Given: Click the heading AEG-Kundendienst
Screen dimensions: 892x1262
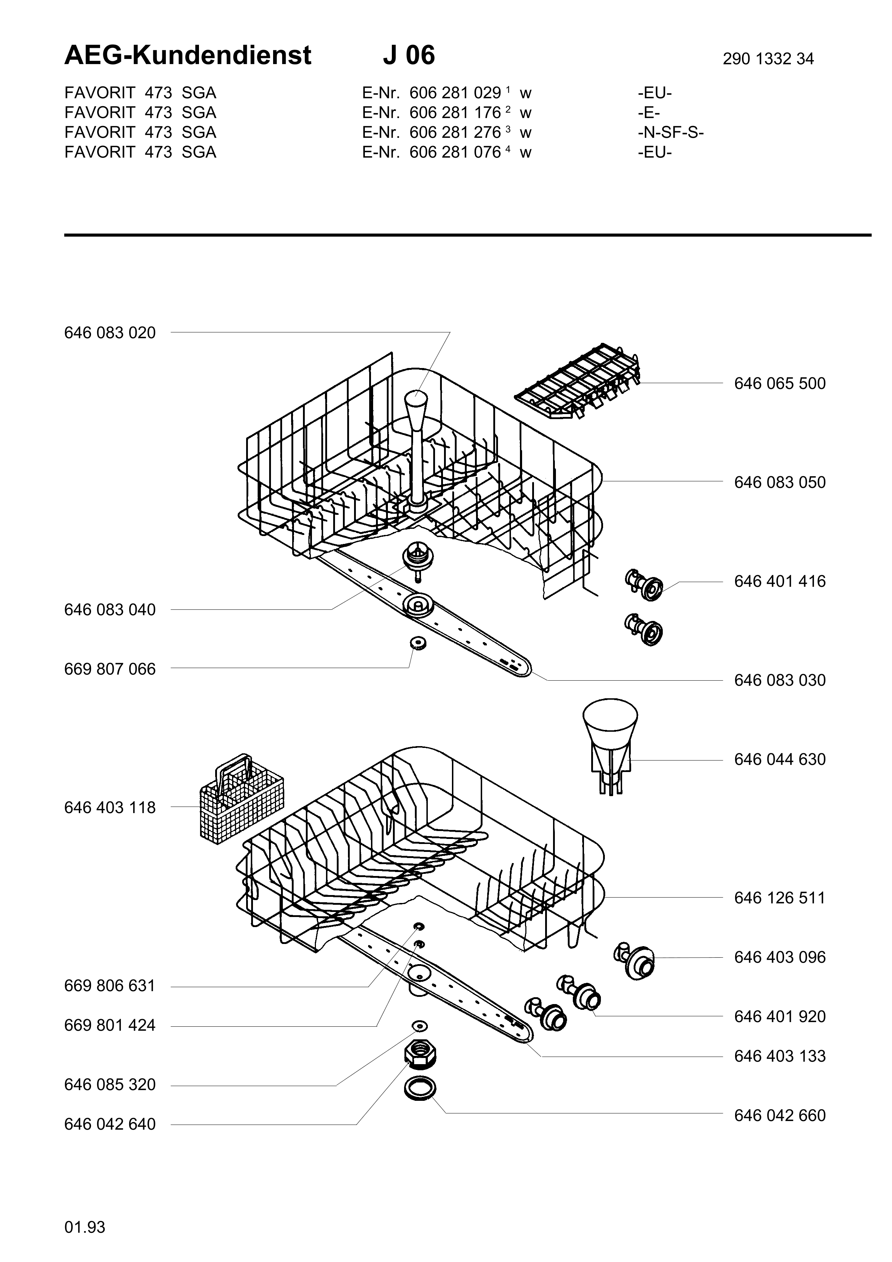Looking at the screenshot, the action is (187, 55).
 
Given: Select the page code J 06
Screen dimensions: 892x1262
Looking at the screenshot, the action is (408, 55).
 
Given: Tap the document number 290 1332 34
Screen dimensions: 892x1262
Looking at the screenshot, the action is (768, 59).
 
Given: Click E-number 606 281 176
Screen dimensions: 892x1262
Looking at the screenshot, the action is (455, 113).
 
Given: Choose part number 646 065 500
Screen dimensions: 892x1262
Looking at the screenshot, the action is (780, 383).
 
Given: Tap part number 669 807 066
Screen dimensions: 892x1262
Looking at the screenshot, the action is (110, 669).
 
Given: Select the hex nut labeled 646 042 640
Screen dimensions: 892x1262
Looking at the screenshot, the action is (420, 1055).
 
